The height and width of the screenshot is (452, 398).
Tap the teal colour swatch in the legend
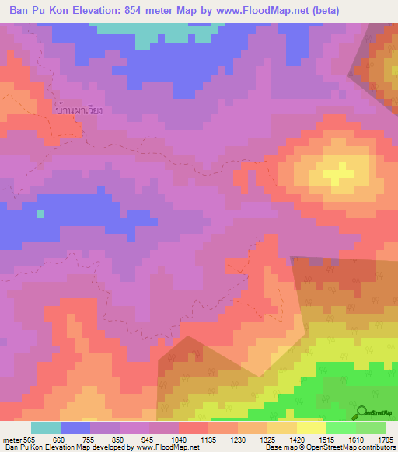click(x=46, y=428)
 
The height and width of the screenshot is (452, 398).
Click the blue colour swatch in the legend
click(x=75, y=428)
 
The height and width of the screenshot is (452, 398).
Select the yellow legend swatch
click(x=311, y=428)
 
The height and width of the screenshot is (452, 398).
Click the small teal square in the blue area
click(x=40, y=214)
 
